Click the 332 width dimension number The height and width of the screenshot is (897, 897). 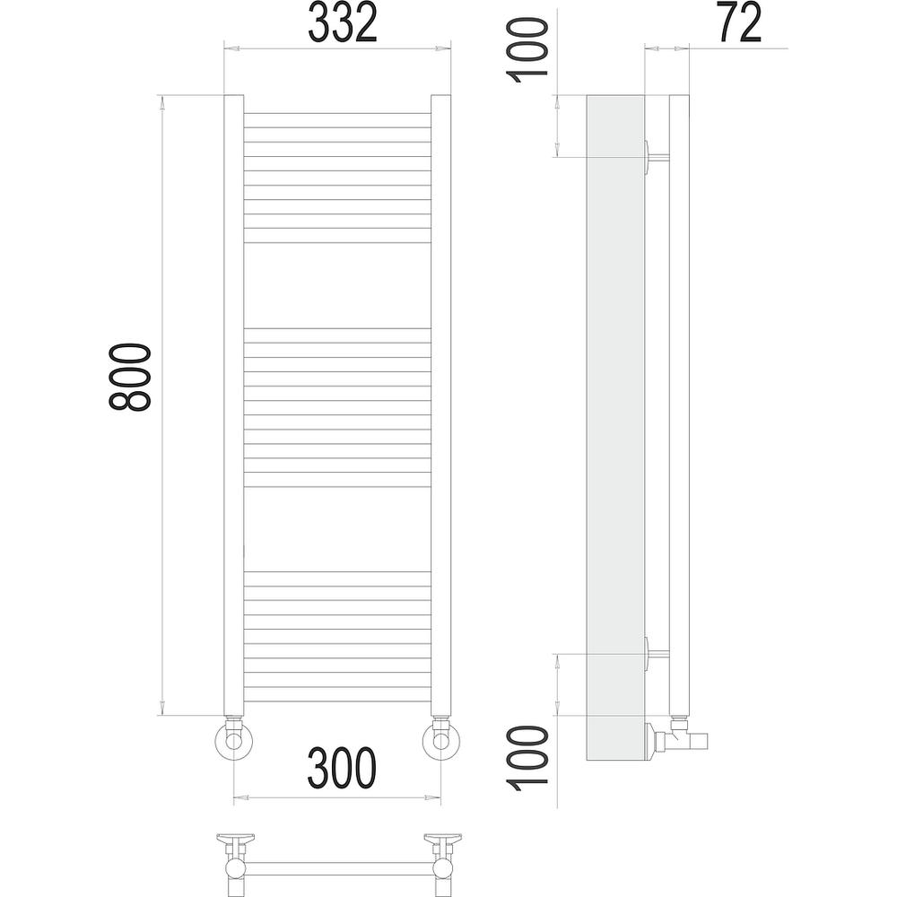(x=343, y=23)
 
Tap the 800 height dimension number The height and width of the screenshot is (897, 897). (x=130, y=377)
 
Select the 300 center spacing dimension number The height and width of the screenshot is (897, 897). (x=342, y=769)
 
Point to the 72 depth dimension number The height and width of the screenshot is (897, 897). (x=739, y=23)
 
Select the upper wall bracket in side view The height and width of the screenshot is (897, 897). (x=657, y=157)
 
